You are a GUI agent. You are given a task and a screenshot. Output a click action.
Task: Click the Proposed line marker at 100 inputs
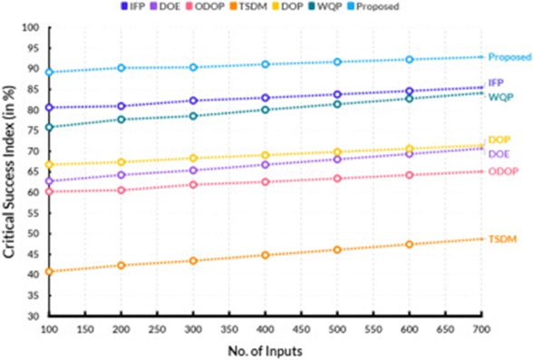pyautogui.click(x=49, y=72)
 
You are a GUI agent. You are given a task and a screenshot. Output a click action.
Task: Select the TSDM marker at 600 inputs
pyautogui.click(x=410, y=244)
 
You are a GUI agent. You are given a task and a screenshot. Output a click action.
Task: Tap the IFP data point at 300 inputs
pyautogui.click(x=193, y=101)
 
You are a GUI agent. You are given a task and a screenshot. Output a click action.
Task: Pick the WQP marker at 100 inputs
pyautogui.click(x=49, y=127)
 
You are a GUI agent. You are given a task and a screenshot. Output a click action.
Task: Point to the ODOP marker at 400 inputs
pyautogui.click(x=266, y=182)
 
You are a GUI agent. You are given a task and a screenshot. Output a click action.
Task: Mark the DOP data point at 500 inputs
pyautogui.click(x=337, y=151)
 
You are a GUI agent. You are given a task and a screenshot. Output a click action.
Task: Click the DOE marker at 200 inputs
pyautogui.click(x=121, y=175)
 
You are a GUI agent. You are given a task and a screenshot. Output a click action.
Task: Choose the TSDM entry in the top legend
pyautogui.click(x=248, y=6)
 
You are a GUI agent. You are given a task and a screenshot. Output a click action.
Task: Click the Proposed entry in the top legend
pyautogui.click(x=373, y=6)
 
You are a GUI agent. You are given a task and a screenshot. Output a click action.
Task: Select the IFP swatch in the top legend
pyautogui.click(x=124, y=6)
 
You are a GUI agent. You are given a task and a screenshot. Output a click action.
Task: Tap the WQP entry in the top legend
pyautogui.click(x=325, y=6)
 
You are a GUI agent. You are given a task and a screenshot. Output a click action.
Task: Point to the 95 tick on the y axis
pyautogui.click(x=33, y=48)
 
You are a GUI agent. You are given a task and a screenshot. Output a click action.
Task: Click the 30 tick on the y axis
pyautogui.click(x=33, y=316)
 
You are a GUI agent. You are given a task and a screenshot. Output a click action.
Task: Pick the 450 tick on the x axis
pyautogui.click(x=302, y=329)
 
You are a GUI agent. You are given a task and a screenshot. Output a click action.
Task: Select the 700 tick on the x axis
pyautogui.click(x=481, y=329)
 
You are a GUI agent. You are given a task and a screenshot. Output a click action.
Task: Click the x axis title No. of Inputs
pyautogui.click(x=265, y=351)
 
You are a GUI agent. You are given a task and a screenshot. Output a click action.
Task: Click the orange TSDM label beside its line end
pyautogui.click(x=503, y=239)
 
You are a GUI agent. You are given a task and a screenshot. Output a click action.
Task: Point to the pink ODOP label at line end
pyautogui.click(x=503, y=171)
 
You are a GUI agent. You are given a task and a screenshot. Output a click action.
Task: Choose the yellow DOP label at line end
pyautogui.click(x=499, y=140)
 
